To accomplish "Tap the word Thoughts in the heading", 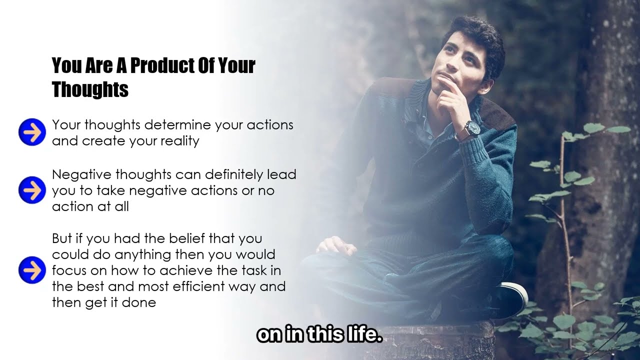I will click(x=90, y=89).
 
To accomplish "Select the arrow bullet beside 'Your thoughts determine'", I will click(x=32, y=132).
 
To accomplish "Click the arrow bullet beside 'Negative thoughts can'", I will click(x=32, y=190).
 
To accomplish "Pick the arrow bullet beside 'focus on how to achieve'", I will click(x=32, y=270).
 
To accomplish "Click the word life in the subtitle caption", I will click(x=363, y=334).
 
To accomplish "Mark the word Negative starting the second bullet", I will click(x=82, y=174).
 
